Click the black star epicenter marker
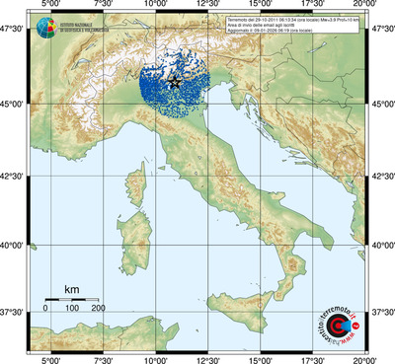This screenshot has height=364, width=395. tap(176, 83)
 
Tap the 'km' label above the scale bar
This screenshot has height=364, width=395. tap(71, 289)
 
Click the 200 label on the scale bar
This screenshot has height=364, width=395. tap(98, 310)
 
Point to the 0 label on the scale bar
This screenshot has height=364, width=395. tap(44, 310)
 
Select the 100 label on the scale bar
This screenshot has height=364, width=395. tap(71, 310)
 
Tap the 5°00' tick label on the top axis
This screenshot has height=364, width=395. tap(47, 6)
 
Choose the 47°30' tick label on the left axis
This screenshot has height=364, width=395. tap(13, 31)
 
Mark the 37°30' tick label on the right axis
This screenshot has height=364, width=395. tap(381, 312)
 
